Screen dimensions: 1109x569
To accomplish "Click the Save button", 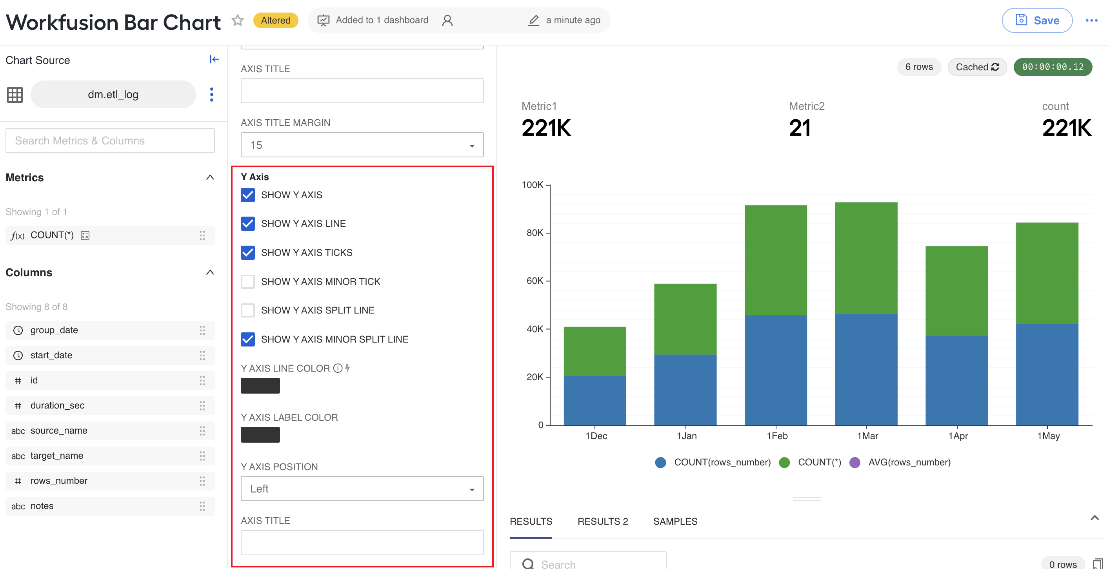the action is [x=1037, y=20].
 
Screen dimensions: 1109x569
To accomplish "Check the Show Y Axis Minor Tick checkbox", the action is [x=247, y=281].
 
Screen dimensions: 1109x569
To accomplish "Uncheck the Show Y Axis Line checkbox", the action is [x=247, y=224].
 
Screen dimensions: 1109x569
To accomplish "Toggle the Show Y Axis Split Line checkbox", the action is [x=247, y=310].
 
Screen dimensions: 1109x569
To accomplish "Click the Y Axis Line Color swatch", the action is [x=260, y=385].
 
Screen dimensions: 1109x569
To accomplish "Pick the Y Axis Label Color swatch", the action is [x=260, y=435].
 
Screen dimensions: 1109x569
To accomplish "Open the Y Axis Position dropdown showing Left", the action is [x=362, y=489].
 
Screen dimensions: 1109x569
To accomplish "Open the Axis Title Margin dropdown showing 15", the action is [x=362, y=145].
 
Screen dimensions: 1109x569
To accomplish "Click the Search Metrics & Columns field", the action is [x=110, y=140].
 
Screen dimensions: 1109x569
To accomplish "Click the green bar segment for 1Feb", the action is [x=775, y=260].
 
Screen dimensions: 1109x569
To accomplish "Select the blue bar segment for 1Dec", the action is [x=594, y=401].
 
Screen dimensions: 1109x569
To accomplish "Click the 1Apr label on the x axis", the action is [x=958, y=436].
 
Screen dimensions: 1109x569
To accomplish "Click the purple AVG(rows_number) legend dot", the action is [x=854, y=462].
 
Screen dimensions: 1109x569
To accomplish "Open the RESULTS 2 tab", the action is [x=602, y=521].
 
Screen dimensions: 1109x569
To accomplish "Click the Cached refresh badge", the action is [x=977, y=67].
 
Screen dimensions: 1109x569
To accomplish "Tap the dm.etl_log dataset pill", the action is [x=113, y=94].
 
